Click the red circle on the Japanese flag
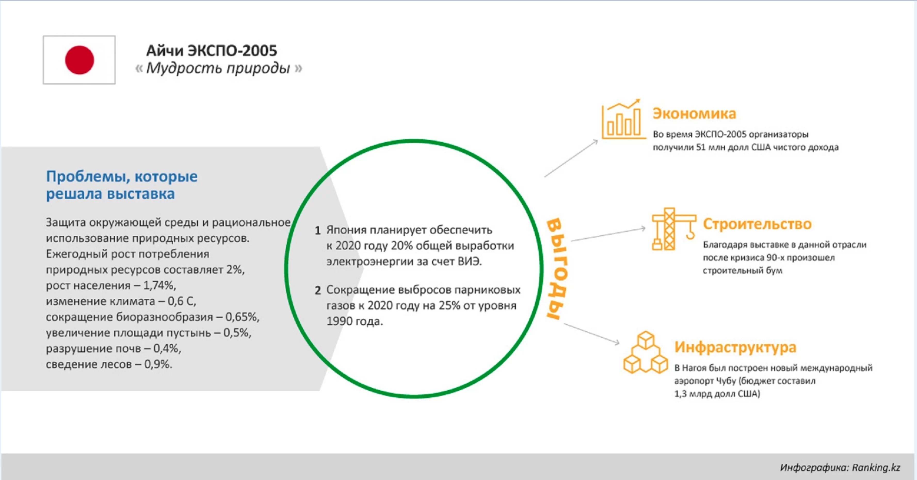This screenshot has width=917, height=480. (x=79, y=60)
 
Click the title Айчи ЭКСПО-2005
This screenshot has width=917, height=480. (x=212, y=51)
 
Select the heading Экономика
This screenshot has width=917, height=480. (x=694, y=114)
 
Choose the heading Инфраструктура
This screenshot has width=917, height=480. (x=735, y=347)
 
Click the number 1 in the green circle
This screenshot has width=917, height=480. (x=318, y=230)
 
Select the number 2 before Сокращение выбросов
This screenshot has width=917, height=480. (x=318, y=290)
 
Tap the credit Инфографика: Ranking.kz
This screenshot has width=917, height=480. (x=840, y=468)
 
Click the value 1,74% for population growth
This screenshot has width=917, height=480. (x=159, y=285)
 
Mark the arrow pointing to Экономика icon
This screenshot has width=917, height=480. (x=571, y=158)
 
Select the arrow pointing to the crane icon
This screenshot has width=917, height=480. (x=608, y=234)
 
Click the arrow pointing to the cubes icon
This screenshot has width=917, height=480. (x=592, y=334)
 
